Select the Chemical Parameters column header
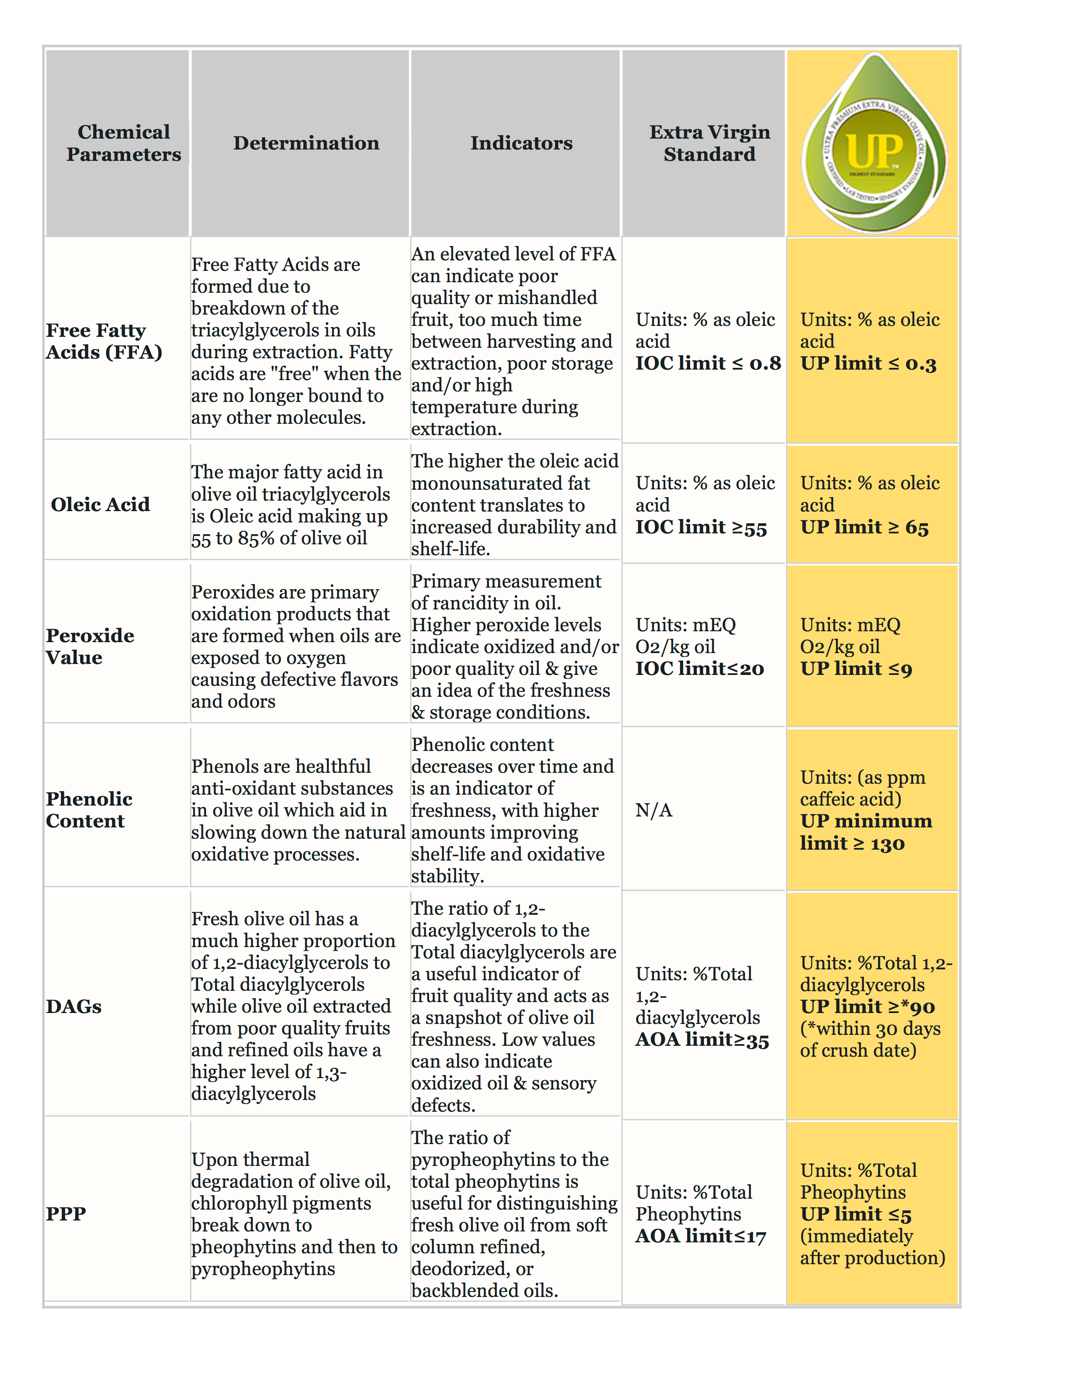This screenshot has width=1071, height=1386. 124,143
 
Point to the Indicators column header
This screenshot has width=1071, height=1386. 521,143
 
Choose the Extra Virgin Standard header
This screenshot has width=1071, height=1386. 709,143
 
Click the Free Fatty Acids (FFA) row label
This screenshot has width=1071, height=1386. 103,341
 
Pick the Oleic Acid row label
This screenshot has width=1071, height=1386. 100,504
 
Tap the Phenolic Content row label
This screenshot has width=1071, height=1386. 89,810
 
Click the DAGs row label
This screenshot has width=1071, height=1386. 73,1006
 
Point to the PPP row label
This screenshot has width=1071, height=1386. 66,1213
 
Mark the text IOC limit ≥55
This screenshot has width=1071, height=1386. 701,528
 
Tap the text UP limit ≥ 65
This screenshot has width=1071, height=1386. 864,528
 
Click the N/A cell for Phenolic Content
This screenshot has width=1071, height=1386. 654,811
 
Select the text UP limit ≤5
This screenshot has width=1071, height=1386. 855,1215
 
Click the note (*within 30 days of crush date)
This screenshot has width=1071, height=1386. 869,1039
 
